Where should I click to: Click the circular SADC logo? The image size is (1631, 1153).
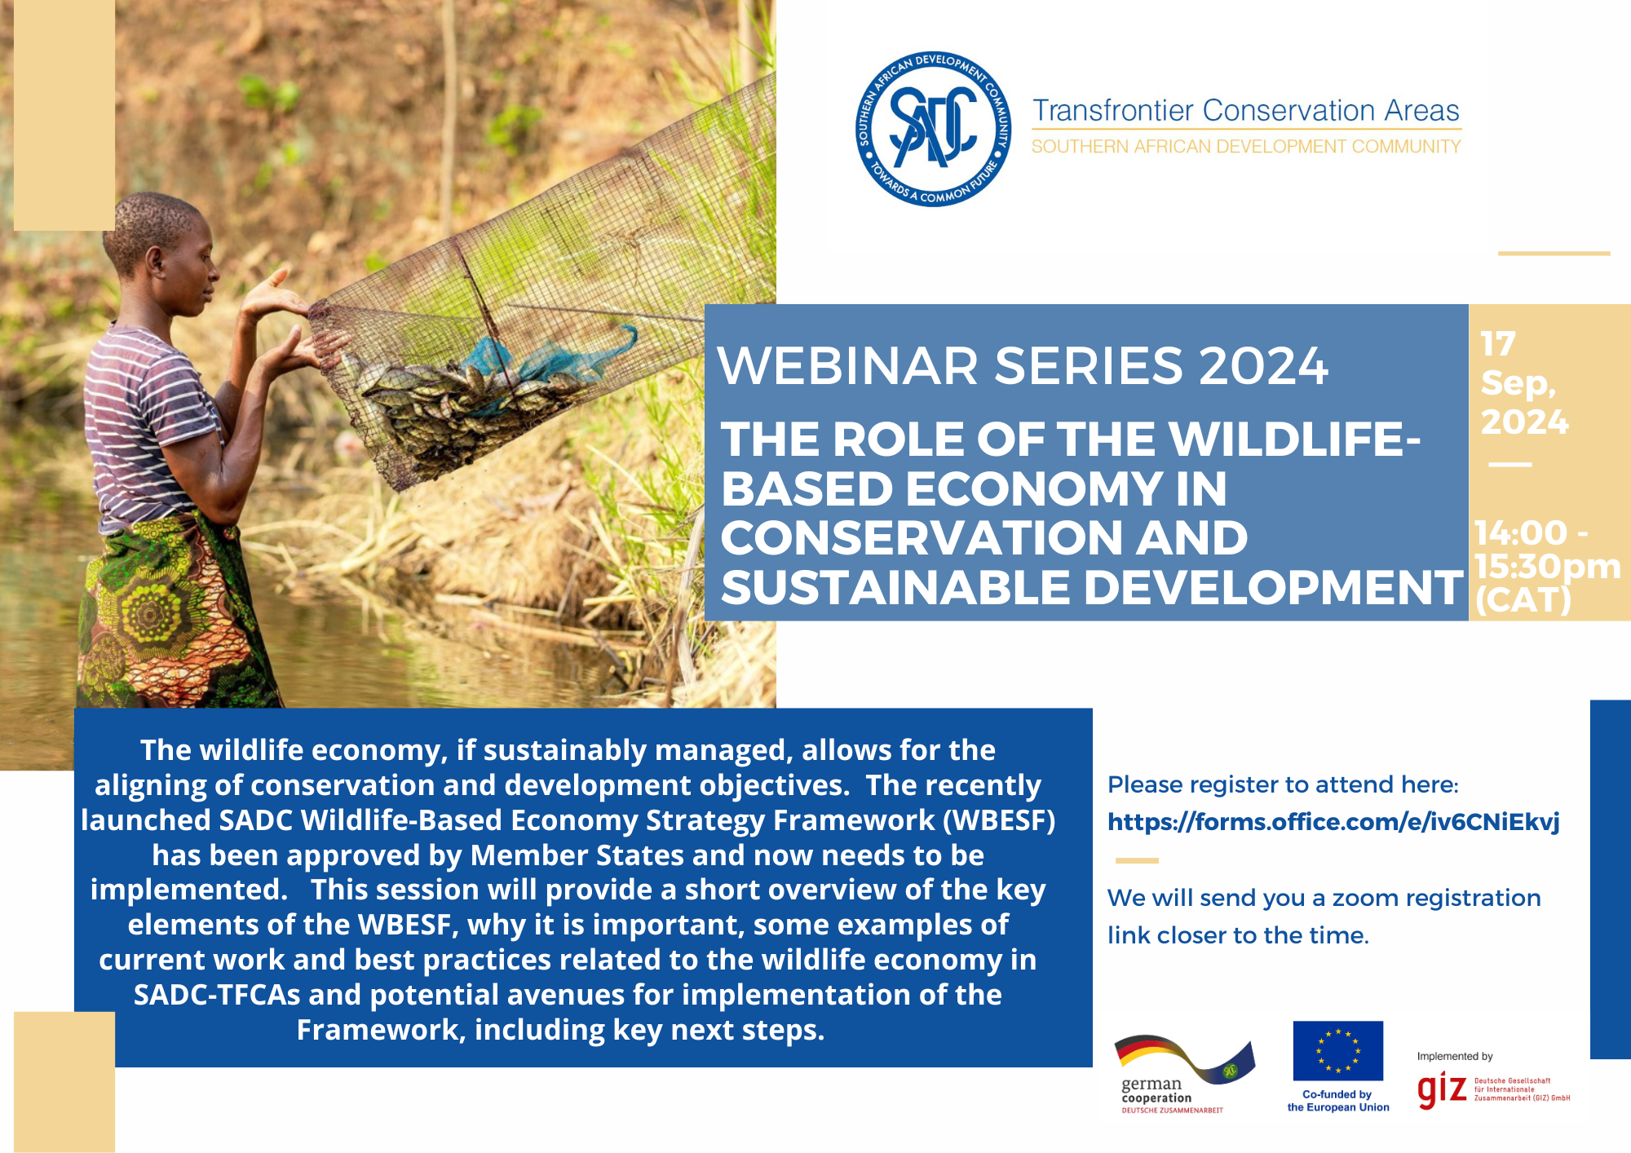pyautogui.click(x=934, y=129)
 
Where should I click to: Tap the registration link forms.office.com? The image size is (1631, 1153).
pyautogui.click(x=1333, y=822)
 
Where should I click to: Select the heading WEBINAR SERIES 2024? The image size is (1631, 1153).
pyautogui.click(x=1023, y=365)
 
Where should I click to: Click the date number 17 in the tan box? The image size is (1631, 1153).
pyautogui.click(x=1498, y=344)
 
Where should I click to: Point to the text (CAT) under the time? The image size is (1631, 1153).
pyautogui.click(x=1523, y=601)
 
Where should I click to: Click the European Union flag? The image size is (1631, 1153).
pyautogui.click(x=1337, y=1050)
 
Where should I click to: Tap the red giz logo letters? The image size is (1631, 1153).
pyautogui.click(x=1442, y=1090)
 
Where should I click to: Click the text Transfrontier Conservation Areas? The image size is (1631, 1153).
pyautogui.click(x=1246, y=110)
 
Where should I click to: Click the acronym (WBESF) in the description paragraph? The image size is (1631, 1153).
pyautogui.click(x=999, y=820)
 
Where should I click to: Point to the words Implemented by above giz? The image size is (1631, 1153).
pyautogui.click(x=1455, y=1057)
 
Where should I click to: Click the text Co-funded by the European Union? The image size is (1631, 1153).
pyautogui.click(x=1338, y=1101)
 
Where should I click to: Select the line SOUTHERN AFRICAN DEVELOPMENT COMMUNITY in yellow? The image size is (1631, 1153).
pyautogui.click(x=1246, y=147)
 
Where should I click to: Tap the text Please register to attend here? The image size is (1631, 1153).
pyautogui.click(x=1283, y=785)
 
